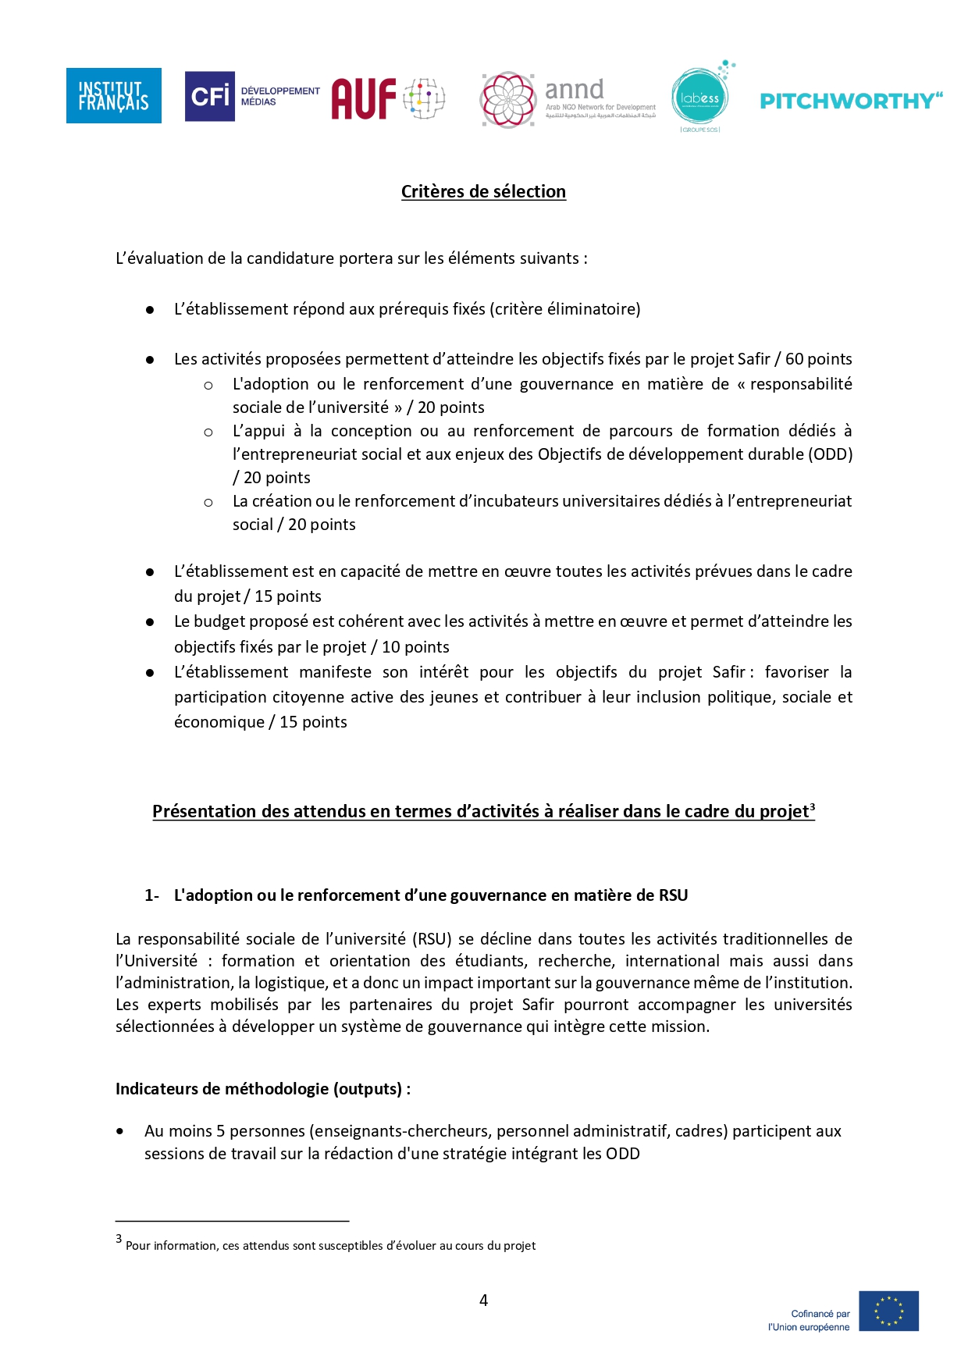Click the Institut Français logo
pyautogui.click(x=113, y=95)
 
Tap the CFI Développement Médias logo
pyautogui.click(x=251, y=96)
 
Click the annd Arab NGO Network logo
pyautogui.click(x=568, y=99)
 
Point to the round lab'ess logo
pyautogui.click(x=700, y=98)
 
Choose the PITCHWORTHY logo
pyautogui.click(x=851, y=101)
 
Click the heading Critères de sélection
pyautogui.click(x=483, y=191)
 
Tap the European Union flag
pyautogui.click(x=888, y=1311)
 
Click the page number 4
pyautogui.click(x=483, y=1300)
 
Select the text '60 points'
pyautogui.click(x=818, y=359)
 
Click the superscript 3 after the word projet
pyautogui.click(x=812, y=806)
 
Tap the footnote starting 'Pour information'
pyautogui.click(x=330, y=1246)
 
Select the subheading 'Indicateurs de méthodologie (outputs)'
pyautogui.click(x=262, y=1089)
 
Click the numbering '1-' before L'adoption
pyautogui.click(x=151, y=895)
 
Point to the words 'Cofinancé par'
pyautogui.click(x=820, y=1314)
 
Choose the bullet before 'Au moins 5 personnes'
pyautogui.click(x=119, y=1131)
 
